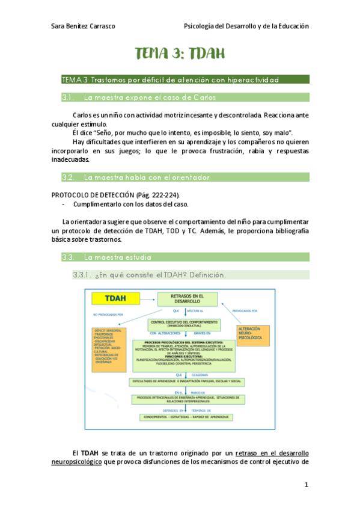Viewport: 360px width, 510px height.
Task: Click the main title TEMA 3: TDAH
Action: pyautogui.click(x=180, y=54)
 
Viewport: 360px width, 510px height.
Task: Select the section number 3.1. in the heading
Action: pyautogui.click(x=68, y=97)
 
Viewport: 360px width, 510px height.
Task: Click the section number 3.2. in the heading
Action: pyautogui.click(x=68, y=177)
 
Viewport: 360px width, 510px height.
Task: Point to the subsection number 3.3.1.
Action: pyautogui.click(x=81, y=275)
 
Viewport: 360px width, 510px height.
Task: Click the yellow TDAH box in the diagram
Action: pyautogui.click(x=115, y=298)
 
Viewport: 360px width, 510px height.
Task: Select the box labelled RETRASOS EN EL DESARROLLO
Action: pyautogui.click(x=186, y=300)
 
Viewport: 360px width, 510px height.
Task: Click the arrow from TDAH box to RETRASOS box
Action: pyautogui.click(x=147, y=298)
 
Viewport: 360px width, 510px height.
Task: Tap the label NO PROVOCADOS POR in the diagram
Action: pyautogui.click(x=107, y=314)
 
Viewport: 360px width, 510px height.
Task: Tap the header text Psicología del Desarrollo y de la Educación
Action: pyautogui.click(x=246, y=26)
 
